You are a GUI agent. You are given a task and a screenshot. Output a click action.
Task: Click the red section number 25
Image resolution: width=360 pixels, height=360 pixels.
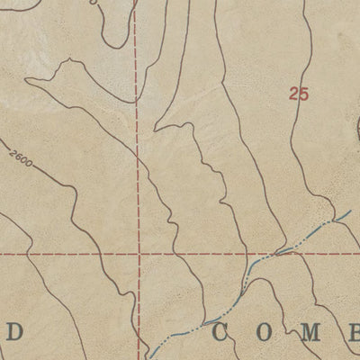point(299,92)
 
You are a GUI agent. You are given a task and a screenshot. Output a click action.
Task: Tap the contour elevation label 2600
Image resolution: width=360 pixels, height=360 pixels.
point(27,158)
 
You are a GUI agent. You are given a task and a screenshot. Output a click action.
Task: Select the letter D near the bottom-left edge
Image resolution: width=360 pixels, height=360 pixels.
point(13,332)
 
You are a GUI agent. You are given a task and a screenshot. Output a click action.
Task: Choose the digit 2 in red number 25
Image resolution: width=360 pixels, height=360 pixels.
point(293,92)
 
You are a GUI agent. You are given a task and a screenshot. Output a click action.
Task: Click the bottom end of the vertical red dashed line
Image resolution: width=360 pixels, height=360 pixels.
point(139,358)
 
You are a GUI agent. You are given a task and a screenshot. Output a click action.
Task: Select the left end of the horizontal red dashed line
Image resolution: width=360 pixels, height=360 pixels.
point(1,254)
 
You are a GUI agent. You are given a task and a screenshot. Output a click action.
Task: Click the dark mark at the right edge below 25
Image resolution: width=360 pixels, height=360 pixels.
point(357,130)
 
